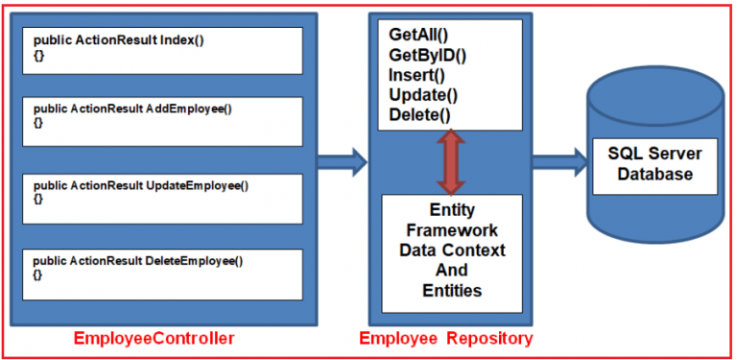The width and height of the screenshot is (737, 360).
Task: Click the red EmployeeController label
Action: tap(155, 339)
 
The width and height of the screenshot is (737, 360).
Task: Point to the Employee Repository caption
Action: tap(446, 339)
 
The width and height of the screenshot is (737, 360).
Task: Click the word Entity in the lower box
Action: tap(452, 210)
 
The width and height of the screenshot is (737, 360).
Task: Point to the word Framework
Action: tap(452, 230)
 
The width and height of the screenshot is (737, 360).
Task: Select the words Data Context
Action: tap(452, 251)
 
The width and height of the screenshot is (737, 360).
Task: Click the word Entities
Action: tap(452, 291)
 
